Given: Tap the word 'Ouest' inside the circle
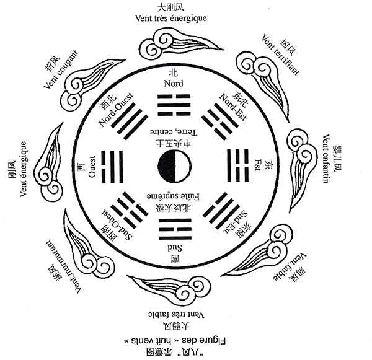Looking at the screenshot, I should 91,165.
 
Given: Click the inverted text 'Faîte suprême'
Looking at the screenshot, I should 170,196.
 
